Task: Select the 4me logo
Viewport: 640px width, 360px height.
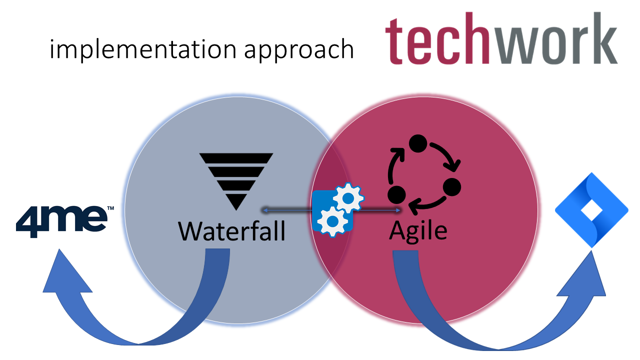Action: tap(61, 220)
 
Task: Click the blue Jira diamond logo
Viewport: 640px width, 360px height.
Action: tap(591, 210)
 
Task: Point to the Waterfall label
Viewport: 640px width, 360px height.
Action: tap(232, 230)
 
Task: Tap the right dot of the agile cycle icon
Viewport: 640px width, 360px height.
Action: tap(451, 186)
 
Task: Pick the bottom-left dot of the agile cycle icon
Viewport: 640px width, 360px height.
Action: tap(396, 193)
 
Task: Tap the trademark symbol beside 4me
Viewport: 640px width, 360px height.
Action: tap(110, 207)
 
